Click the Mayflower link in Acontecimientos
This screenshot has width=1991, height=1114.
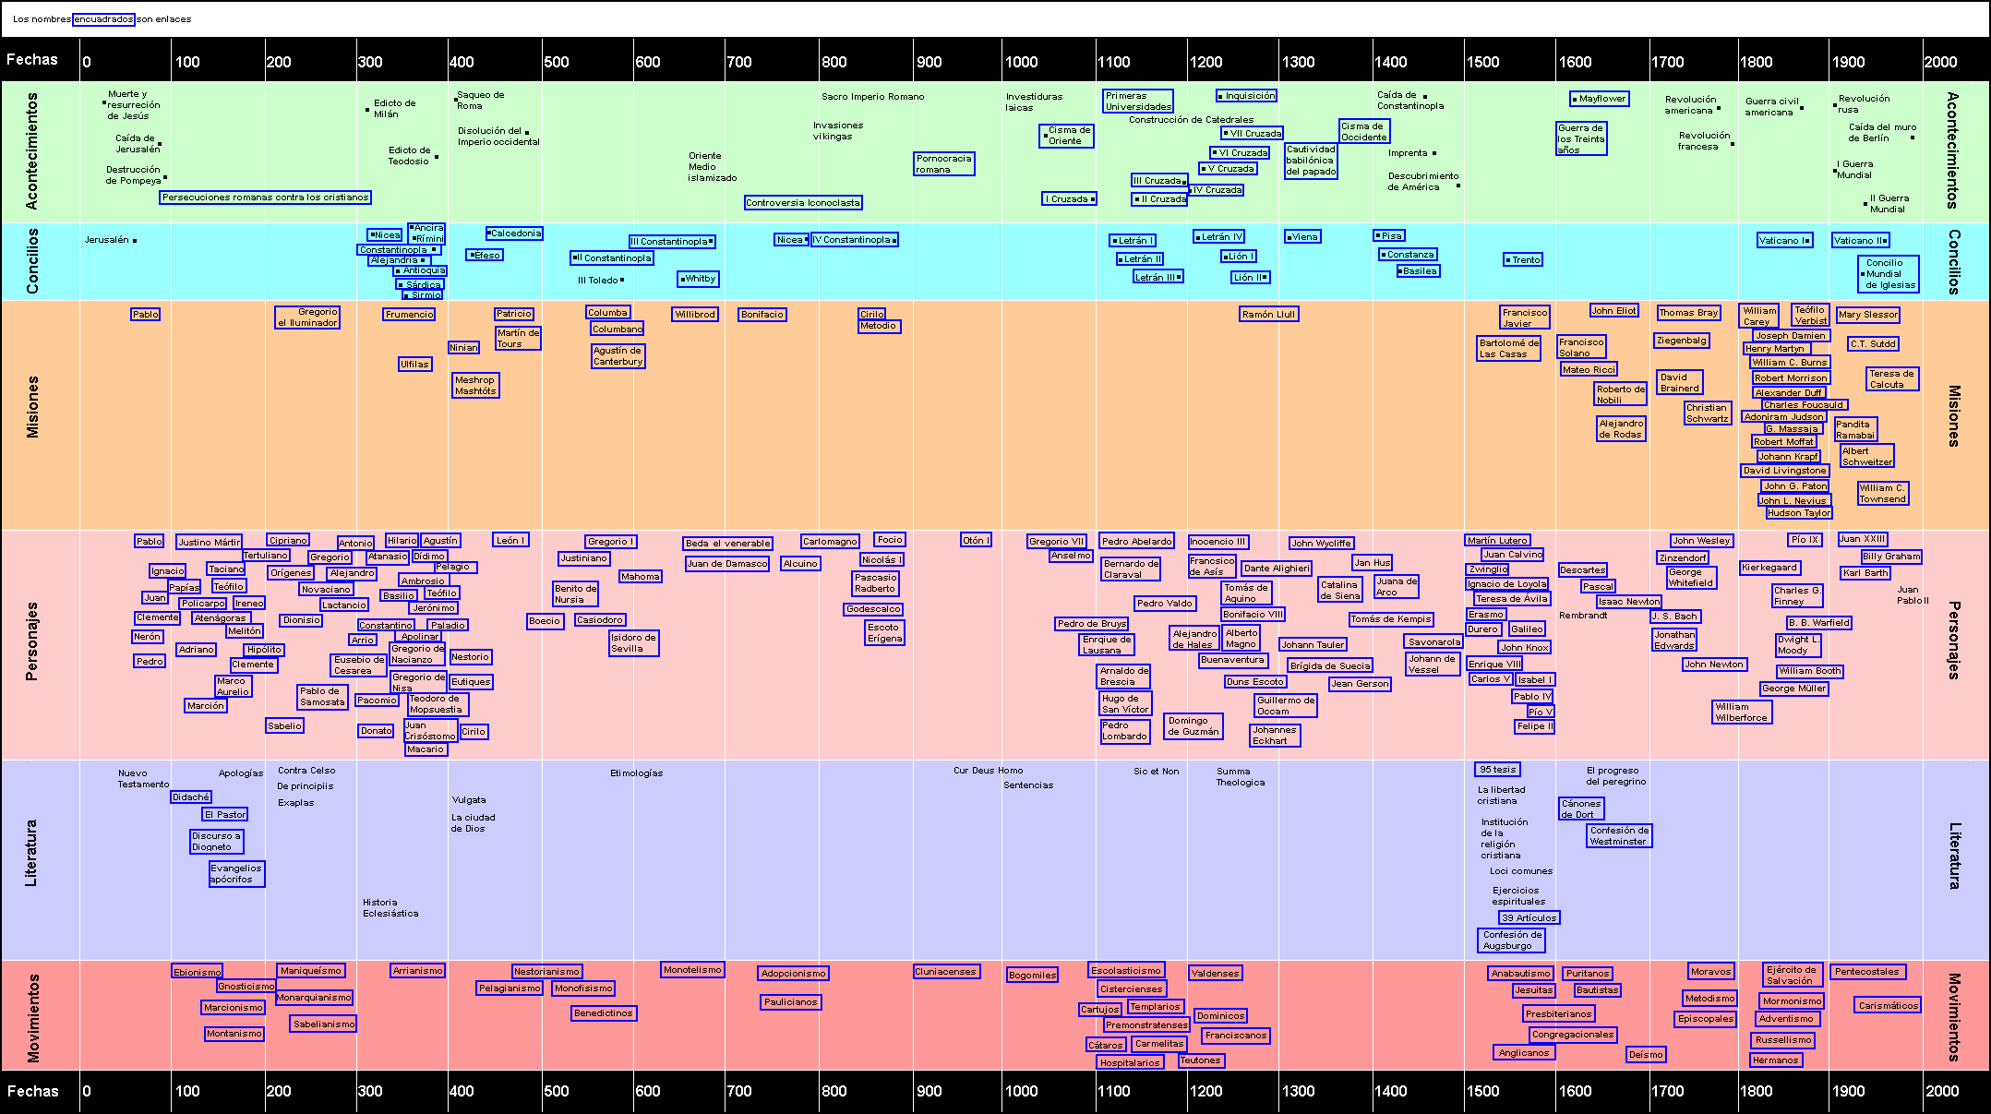1600,99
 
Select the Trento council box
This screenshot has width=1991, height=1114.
1523,260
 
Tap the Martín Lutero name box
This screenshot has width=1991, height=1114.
1497,541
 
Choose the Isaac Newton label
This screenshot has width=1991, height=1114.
1628,602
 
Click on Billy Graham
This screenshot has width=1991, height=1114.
1890,557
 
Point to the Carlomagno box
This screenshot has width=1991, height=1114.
829,542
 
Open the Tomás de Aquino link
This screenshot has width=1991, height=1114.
1246,593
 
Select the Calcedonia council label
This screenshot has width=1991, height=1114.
514,234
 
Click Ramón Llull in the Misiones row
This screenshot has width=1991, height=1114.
1268,315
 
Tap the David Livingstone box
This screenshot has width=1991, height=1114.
1784,471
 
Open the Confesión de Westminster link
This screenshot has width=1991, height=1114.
1619,836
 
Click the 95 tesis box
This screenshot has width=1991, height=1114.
1497,770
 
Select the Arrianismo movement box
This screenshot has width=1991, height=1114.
418,971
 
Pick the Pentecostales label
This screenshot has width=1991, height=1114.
1866,972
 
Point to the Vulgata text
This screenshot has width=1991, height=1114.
469,800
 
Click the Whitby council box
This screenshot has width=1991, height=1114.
698,279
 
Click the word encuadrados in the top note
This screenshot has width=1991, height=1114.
103,19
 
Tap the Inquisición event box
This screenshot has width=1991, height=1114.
1247,96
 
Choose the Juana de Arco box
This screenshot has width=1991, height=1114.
1396,587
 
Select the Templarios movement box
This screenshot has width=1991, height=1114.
1155,1007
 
